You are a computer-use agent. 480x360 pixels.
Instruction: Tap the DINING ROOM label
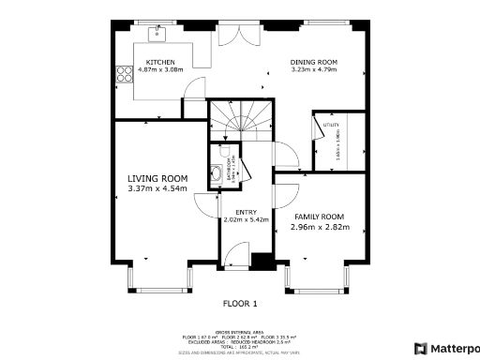pyautogui.click(x=314, y=62)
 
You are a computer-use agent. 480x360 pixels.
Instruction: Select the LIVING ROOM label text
pyautogui.click(x=157, y=178)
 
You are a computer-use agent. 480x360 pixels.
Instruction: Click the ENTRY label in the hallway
pyautogui.click(x=246, y=212)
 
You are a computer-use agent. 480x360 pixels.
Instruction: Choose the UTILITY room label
pyautogui.click(x=331, y=124)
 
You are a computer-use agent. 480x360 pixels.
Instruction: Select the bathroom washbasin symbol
pyautogui.click(x=217, y=172)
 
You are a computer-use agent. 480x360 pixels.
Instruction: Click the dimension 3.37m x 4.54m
pyautogui.click(x=157, y=188)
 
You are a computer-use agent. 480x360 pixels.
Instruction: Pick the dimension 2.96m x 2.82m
pyautogui.click(x=321, y=227)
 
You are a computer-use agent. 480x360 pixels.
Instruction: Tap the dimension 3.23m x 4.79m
pyautogui.click(x=314, y=70)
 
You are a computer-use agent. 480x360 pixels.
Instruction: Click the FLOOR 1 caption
pyautogui.click(x=239, y=304)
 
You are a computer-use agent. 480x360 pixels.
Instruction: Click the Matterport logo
pyautogui.click(x=446, y=348)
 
